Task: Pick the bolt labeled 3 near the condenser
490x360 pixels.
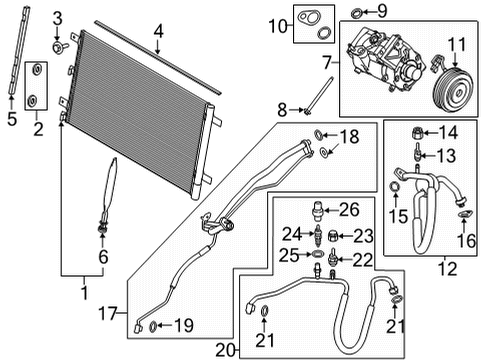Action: pos(60,46)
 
